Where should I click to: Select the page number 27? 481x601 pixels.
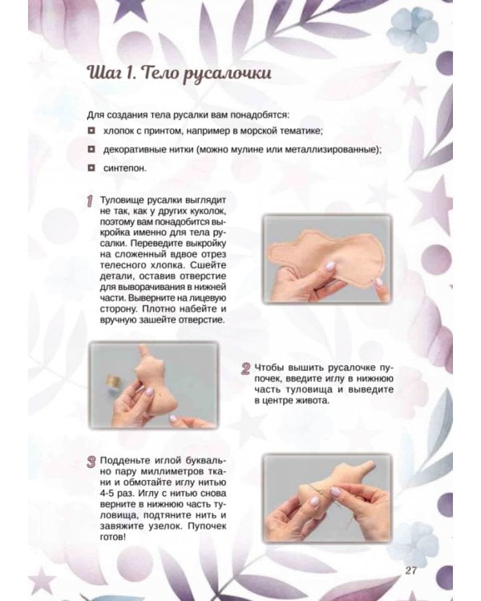point(412,571)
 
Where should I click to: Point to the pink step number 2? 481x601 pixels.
point(246,369)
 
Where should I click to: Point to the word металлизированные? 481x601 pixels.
point(329,150)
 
